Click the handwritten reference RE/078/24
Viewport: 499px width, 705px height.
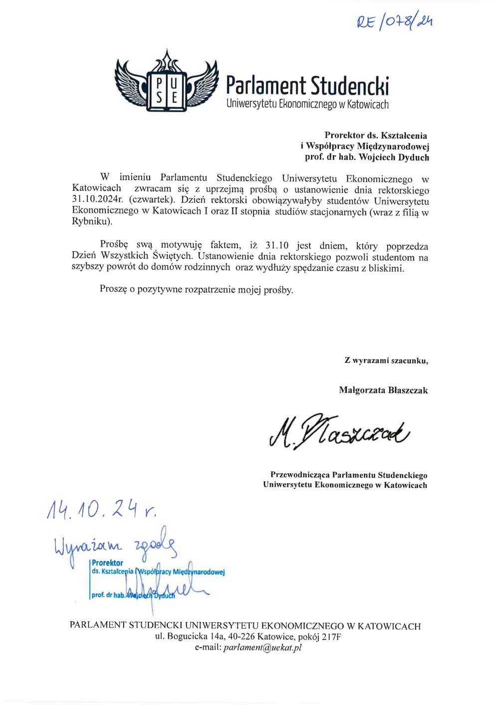pos(394,21)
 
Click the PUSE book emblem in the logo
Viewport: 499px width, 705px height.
pos(167,90)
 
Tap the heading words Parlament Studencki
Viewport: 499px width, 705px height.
pos(307,86)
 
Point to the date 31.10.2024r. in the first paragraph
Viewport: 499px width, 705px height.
pos(97,199)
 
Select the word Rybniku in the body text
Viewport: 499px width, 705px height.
pos(90,221)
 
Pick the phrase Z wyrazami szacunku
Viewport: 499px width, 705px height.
pos(386,360)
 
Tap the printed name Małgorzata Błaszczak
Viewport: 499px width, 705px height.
pos(383,390)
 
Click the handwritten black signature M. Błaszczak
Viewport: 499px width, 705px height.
pos(339,430)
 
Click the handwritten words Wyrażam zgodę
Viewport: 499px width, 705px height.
pos(115,545)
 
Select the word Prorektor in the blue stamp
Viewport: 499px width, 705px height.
pos(107,563)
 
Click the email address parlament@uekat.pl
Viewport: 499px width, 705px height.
pos(262,648)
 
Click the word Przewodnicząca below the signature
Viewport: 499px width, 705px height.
pos(300,475)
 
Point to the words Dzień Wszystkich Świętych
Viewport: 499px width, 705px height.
pos(132,256)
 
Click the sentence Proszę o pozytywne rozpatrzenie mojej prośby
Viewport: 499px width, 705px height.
pos(196,290)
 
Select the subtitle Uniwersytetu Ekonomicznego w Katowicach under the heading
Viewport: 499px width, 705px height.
pos(307,104)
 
